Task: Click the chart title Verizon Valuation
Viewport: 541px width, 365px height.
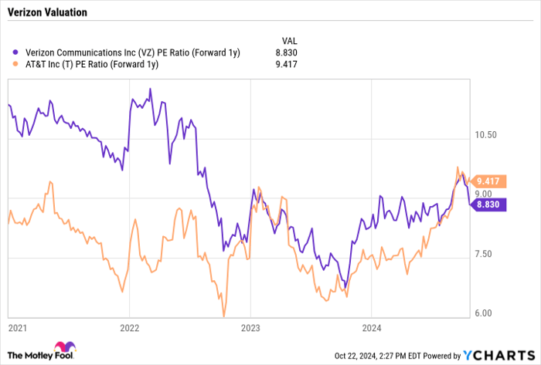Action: (x=49, y=13)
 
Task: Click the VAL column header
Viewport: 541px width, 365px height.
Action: (x=288, y=39)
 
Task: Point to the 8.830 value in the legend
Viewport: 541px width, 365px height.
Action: (x=285, y=52)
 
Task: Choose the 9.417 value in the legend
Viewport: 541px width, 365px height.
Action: (x=285, y=65)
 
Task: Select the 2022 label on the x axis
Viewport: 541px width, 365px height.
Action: (x=129, y=329)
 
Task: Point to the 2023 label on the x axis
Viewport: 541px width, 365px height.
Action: (x=250, y=329)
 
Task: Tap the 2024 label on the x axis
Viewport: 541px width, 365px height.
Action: (x=370, y=329)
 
